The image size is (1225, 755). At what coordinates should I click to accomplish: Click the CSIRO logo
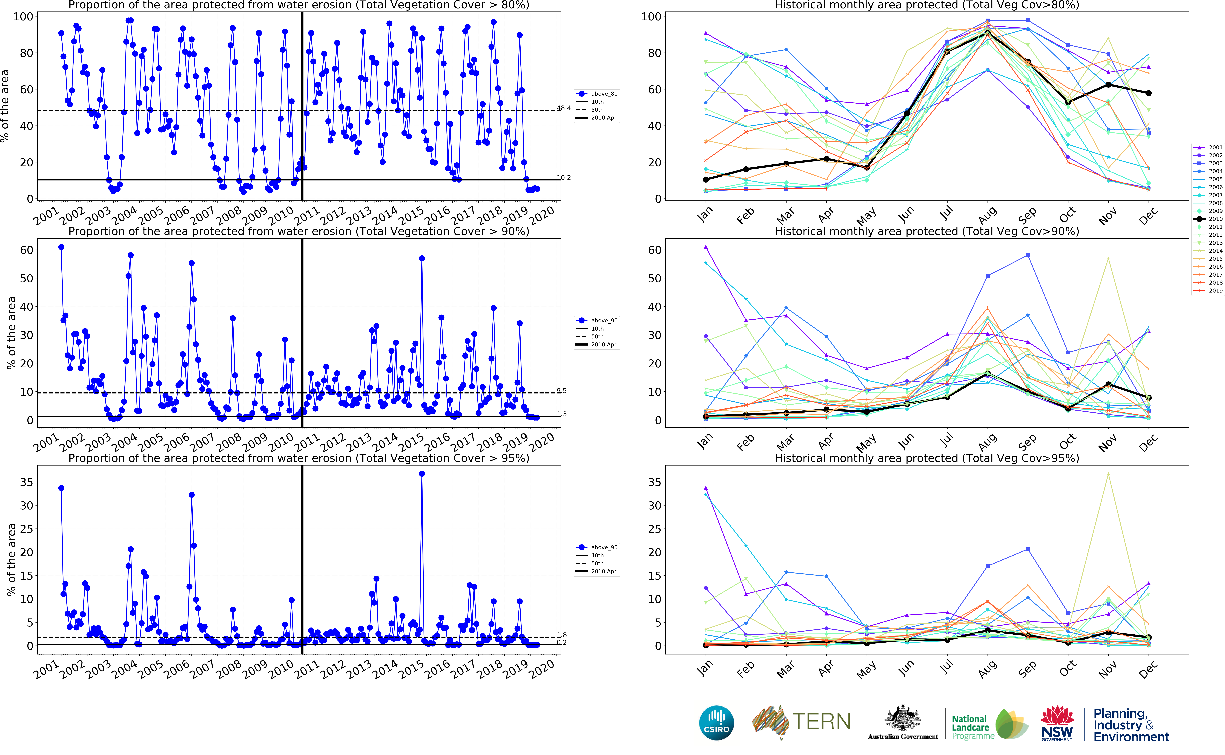point(717,723)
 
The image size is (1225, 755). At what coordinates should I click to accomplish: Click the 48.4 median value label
point(564,108)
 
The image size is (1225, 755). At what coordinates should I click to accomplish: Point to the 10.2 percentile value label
point(564,178)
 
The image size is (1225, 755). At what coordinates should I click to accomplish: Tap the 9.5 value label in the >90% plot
point(562,391)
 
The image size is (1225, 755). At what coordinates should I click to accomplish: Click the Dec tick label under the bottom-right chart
point(1148,669)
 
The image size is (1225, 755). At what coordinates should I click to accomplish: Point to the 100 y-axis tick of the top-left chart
point(23,16)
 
